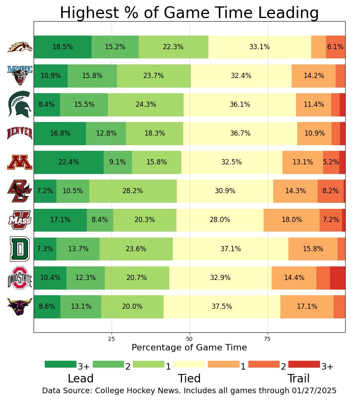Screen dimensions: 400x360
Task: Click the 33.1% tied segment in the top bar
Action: pyautogui.click(x=260, y=47)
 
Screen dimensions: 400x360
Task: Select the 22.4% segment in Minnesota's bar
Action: pyautogui.click(x=68, y=162)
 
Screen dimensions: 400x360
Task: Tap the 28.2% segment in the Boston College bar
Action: pyautogui.click(x=133, y=191)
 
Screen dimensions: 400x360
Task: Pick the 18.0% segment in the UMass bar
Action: pyautogui.click(x=292, y=220)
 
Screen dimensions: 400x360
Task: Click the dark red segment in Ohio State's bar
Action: pyautogui.click(x=338, y=277)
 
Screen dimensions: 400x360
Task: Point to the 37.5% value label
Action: pyautogui.click(x=222, y=306)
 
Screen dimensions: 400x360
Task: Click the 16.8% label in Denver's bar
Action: pyautogui.click(x=60, y=133)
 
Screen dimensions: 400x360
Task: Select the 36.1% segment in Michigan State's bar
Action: pyautogui.click(x=240, y=104)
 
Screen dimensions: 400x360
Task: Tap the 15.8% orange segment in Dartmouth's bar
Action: pyautogui.click(x=313, y=248)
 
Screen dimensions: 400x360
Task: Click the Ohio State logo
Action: pyautogui.click(x=20, y=277)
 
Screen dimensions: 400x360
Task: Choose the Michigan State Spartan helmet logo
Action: pyautogui.click(x=20, y=104)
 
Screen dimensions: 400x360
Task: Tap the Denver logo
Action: pyautogui.click(x=20, y=133)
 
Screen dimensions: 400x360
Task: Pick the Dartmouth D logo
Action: pyautogui.click(x=20, y=248)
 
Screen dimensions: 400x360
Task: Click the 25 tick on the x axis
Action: pyautogui.click(x=112, y=339)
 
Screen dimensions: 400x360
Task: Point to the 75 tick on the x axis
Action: pyautogui.click(x=268, y=339)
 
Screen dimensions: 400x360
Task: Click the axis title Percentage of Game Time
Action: pyautogui.click(x=189, y=347)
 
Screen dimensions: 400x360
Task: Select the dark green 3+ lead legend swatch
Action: pyautogui.click(x=60, y=364)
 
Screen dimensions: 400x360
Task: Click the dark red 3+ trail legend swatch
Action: pyautogui.click(x=304, y=364)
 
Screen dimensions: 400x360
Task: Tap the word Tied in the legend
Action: pyautogui.click(x=189, y=378)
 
